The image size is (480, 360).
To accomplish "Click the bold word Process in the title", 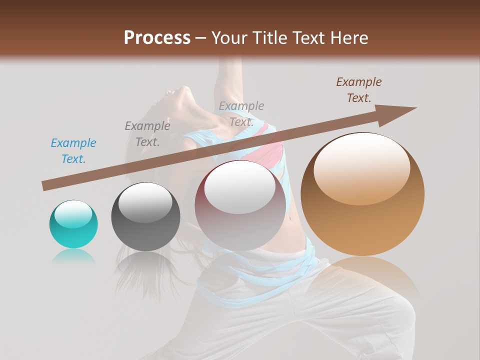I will (x=157, y=37).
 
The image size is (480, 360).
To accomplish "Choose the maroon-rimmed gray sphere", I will (x=240, y=205).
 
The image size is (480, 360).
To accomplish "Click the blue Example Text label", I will (x=73, y=151).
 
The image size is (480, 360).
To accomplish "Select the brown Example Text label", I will (x=359, y=90).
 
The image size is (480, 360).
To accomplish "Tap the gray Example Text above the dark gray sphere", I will (x=147, y=133).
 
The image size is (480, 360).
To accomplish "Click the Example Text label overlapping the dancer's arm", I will (x=241, y=113).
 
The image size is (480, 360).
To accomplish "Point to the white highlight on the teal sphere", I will (x=73, y=214).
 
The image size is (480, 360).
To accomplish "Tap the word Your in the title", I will (x=230, y=37).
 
